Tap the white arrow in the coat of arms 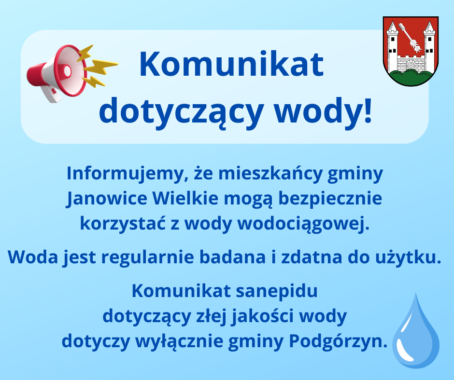[x=411, y=41]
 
